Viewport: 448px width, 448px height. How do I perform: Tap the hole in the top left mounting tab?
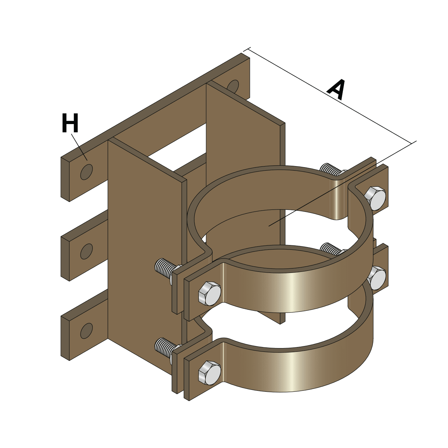coord(86,171)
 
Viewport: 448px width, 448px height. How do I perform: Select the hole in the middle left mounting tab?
coord(86,252)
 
